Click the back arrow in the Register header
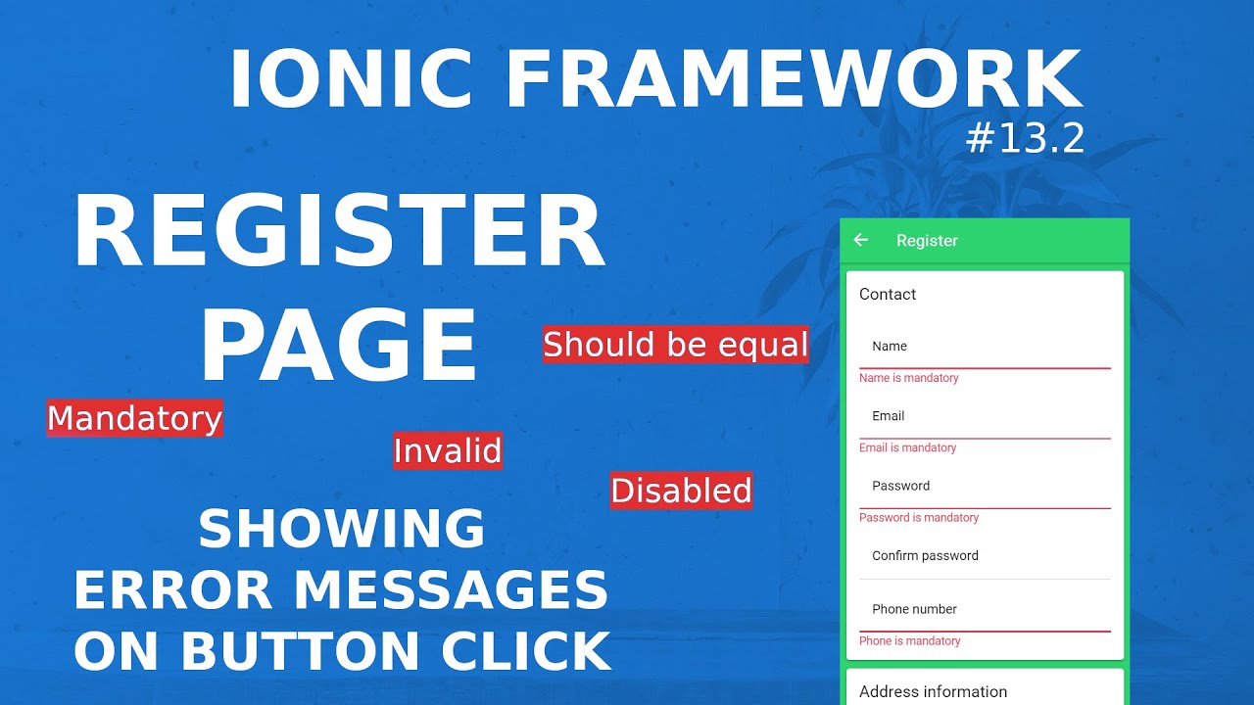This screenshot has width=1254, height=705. [x=861, y=240]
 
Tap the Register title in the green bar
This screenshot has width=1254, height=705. [x=927, y=241]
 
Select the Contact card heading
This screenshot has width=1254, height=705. [x=888, y=294]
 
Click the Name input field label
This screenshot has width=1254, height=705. [x=890, y=347]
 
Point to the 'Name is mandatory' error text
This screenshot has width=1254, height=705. [x=909, y=378]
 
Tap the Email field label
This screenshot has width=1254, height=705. [x=889, y=416]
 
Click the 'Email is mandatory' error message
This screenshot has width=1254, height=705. [x=907, y=447]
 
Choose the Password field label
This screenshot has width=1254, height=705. [x=901, y=486]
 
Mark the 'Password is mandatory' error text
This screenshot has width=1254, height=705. [x=919, y=517]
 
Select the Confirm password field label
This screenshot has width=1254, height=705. [x=926, y=555]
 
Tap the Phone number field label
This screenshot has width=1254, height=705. [x=915, y=609]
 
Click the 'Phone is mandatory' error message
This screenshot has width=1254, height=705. [x=910, y=640]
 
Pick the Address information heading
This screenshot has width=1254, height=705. [x=933, y=691]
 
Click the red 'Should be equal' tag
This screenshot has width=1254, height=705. [x=676, y=345]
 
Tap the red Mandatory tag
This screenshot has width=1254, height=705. [x=135, y=418]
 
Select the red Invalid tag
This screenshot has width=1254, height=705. [x=448, y=451]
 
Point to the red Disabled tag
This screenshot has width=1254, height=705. [x=681, y=491]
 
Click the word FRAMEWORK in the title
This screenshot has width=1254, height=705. [x=795, y=80]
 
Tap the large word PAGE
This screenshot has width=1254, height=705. [x=339, y=344]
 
